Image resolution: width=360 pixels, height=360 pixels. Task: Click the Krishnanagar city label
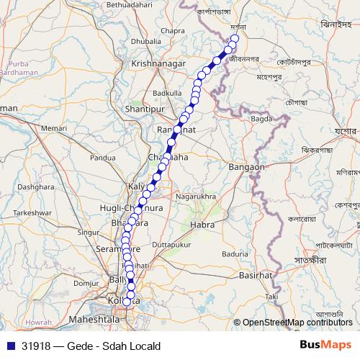156,64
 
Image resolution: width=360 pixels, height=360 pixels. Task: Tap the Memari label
54,127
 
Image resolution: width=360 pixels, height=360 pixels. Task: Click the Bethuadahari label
130,5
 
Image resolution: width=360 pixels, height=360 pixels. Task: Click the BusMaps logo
325,345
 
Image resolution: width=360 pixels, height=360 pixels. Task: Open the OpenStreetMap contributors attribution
296,322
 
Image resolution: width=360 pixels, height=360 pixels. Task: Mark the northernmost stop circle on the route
234,39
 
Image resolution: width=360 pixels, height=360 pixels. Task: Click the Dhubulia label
146,42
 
